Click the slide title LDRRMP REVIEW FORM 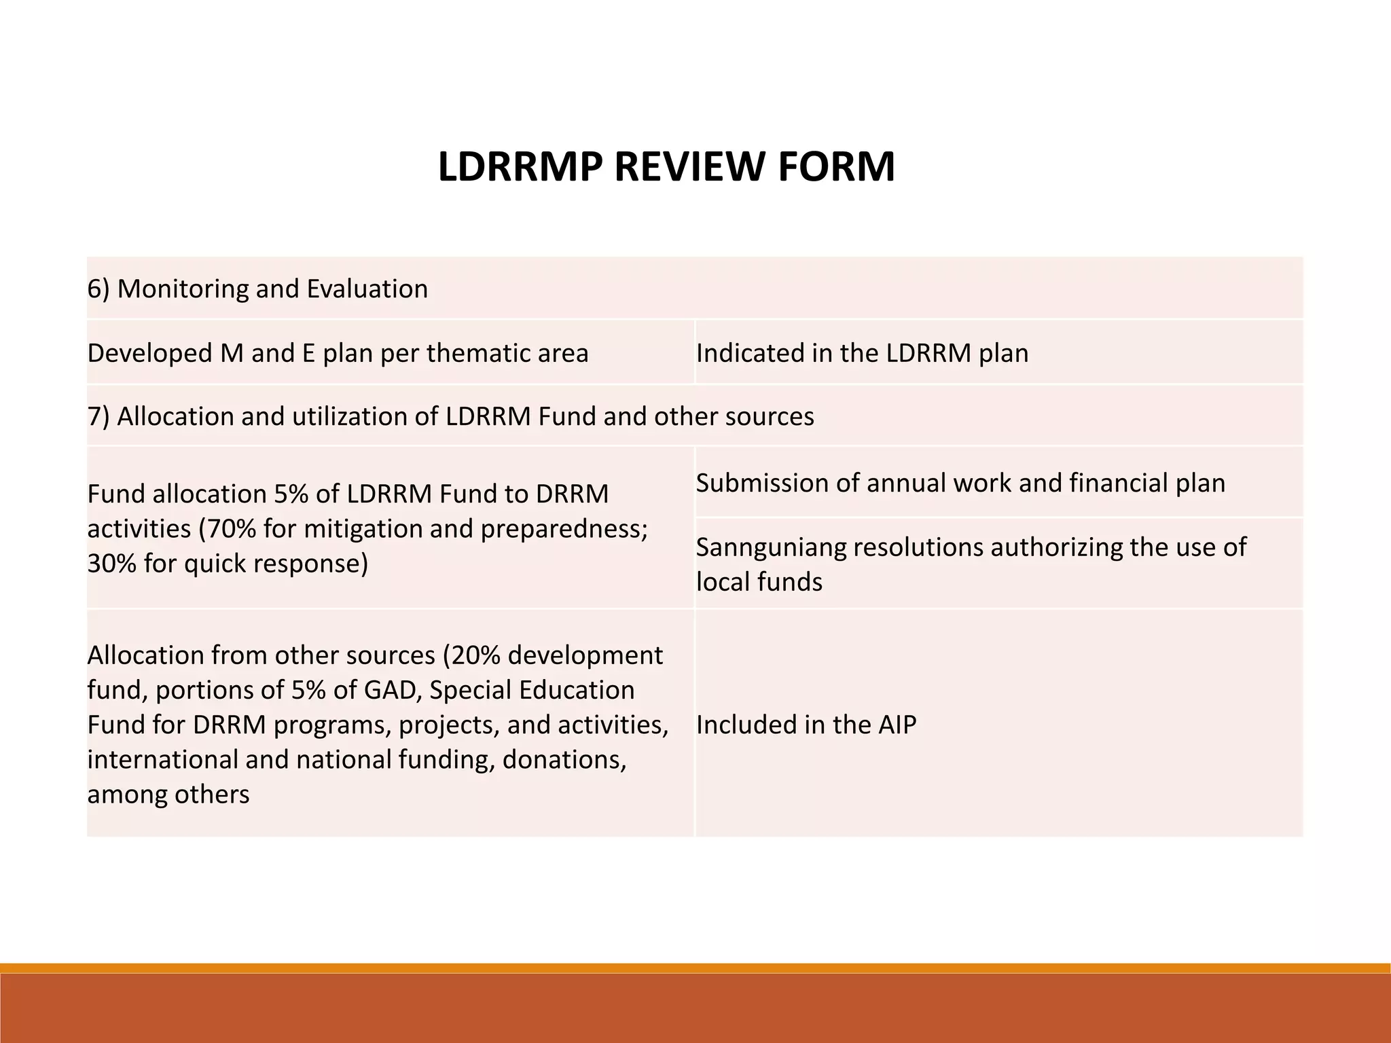[x=666, y=167]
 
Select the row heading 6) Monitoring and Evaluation [x=258, y=289]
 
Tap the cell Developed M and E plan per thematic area [x=338, y=353]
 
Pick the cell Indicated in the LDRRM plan [x=862, y=353]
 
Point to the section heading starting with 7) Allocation [x=450, y=416]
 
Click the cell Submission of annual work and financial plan [x=960, y=483]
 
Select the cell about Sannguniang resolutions [x=971, y=564]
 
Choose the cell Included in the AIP [x=806, y=725]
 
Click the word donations [x=563, y=759]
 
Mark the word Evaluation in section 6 [x=367, y=289]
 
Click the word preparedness [x=564, y=528]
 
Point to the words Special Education [x=532, y=690]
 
